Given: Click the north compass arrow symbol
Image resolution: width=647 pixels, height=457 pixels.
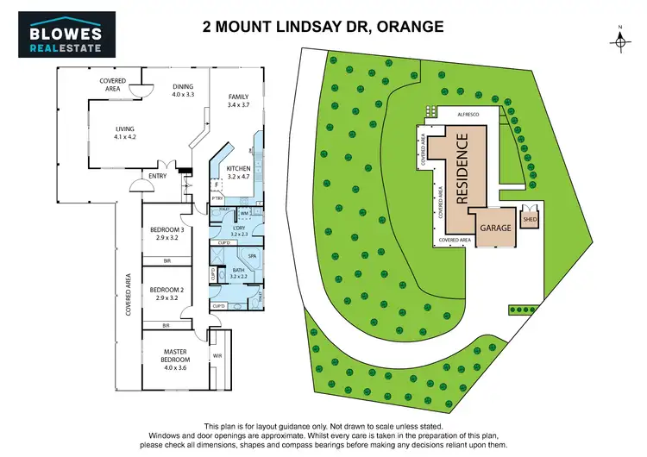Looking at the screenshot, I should (x=619, y=39).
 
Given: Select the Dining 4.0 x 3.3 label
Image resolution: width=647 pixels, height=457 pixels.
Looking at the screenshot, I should (x=183, y=90).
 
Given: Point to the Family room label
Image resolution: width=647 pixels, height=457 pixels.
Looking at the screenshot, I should (x=238, y=100).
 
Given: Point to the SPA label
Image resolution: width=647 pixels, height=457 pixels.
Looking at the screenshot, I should (x=252, y=256).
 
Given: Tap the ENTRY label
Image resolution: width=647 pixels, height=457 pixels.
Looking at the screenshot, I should (x=157, y=177).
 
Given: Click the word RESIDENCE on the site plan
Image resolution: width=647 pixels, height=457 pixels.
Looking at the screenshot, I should (x=462, y=168).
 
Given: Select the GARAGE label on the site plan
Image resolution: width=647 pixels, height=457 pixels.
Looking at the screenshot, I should (x=495, y=228).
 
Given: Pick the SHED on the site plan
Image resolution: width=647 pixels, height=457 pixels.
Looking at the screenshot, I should (x=529, y=219).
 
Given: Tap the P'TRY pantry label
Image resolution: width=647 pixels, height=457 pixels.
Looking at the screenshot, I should (x=218, y=200).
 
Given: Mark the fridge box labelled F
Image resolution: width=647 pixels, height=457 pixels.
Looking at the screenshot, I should (x=216, y=184).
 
